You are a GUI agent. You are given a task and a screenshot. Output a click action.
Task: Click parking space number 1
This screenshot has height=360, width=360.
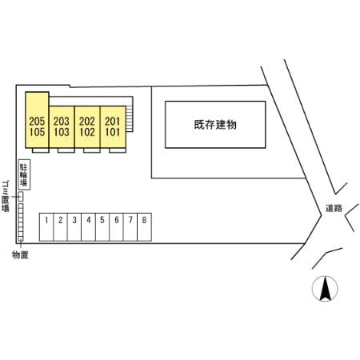(46, 227)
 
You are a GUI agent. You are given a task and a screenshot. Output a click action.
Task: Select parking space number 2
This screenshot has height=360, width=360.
(61, 227)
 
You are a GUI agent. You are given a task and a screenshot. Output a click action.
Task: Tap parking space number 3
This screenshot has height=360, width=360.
(74, 227)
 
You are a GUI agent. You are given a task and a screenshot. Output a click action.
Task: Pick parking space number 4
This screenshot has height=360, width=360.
(88, 227)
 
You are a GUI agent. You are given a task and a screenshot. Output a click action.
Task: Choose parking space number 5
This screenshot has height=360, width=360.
(102, 227)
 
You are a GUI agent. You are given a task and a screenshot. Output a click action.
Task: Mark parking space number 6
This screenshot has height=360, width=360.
(116, 227)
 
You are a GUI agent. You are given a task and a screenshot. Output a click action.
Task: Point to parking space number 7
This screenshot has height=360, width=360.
(130, 227)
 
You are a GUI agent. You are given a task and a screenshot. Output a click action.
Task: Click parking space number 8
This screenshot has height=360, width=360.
(144, 227)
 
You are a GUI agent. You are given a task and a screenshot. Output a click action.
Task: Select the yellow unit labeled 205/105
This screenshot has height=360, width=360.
(37, 120)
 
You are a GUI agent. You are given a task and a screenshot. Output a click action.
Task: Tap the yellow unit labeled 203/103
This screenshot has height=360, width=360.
(62, 127)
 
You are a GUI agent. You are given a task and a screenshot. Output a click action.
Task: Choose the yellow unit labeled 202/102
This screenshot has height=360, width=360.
(87, 127)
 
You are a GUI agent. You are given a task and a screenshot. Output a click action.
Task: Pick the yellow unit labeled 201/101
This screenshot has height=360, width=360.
(113, 127)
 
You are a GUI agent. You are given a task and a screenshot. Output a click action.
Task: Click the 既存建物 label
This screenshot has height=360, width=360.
(215, 125)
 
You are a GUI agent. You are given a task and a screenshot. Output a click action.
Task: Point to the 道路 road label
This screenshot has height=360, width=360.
(334, 208)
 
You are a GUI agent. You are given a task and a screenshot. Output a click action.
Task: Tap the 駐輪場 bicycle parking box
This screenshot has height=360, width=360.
(24, 174)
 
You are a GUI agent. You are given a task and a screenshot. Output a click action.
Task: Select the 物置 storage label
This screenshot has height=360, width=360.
(20, 255)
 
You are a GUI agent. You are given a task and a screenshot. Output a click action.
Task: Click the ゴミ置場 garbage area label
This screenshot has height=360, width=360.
(6, 196)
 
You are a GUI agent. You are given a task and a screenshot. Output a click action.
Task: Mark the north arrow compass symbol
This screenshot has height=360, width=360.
(325, 289)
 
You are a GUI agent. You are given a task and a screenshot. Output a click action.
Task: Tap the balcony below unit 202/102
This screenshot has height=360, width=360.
(92, 150)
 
